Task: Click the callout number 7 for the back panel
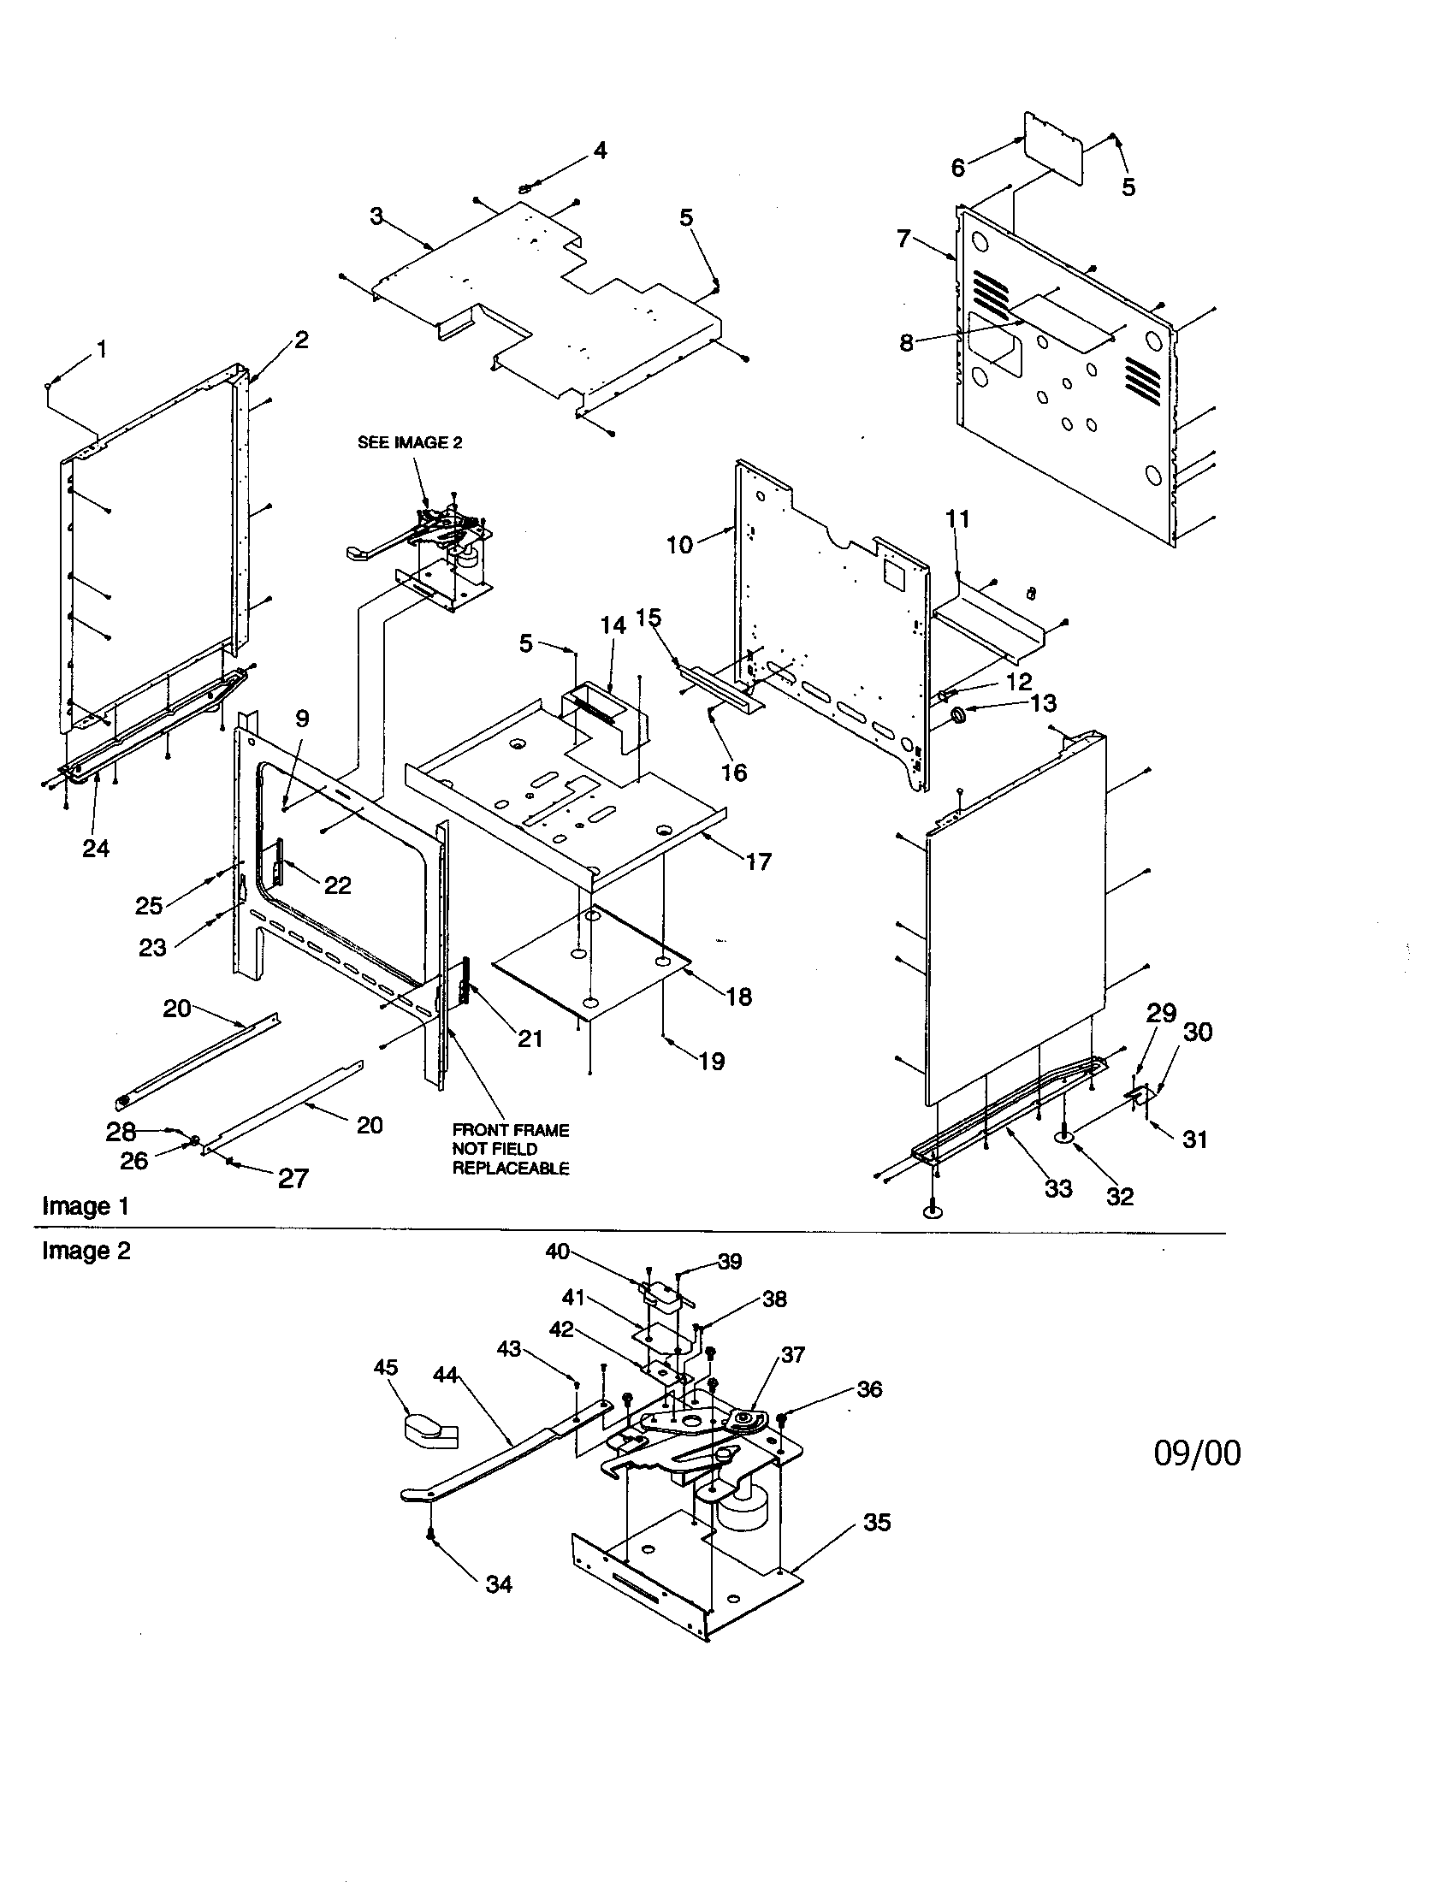[903, 238]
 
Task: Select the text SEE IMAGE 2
[410, 443]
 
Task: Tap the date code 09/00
[1197, 1453]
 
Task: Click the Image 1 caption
[86, 1206]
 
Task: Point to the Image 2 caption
[86, 1252]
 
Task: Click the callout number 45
[386, 1368]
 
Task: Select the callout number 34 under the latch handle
[499, 1583]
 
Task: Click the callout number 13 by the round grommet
[1043, 703]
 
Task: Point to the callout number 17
[758, 861]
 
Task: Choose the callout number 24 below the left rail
[96, 849]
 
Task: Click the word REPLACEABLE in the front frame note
[511, 1169]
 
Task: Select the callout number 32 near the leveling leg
[1120, 1196]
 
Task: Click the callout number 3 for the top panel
[376, 216]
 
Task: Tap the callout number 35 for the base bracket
[877, 1523]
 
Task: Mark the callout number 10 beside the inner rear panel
[680, 545]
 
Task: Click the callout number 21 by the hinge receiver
[530, 1039]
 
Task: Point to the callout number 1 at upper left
[103, 349]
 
